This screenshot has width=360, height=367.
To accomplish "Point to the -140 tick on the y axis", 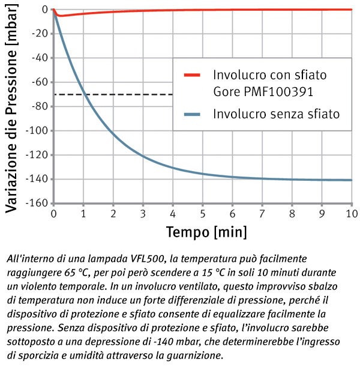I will [x=38, y=179].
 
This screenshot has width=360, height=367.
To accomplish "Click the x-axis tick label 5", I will [x=203, y=213].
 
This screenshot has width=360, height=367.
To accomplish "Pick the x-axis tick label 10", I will [x=350, y=213].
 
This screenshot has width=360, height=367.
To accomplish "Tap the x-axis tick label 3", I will [x=143, y=213].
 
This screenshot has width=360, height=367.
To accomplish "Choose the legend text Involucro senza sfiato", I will [x=277, y=114].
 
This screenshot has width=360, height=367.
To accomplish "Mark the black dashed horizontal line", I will [x=114, y=94].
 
